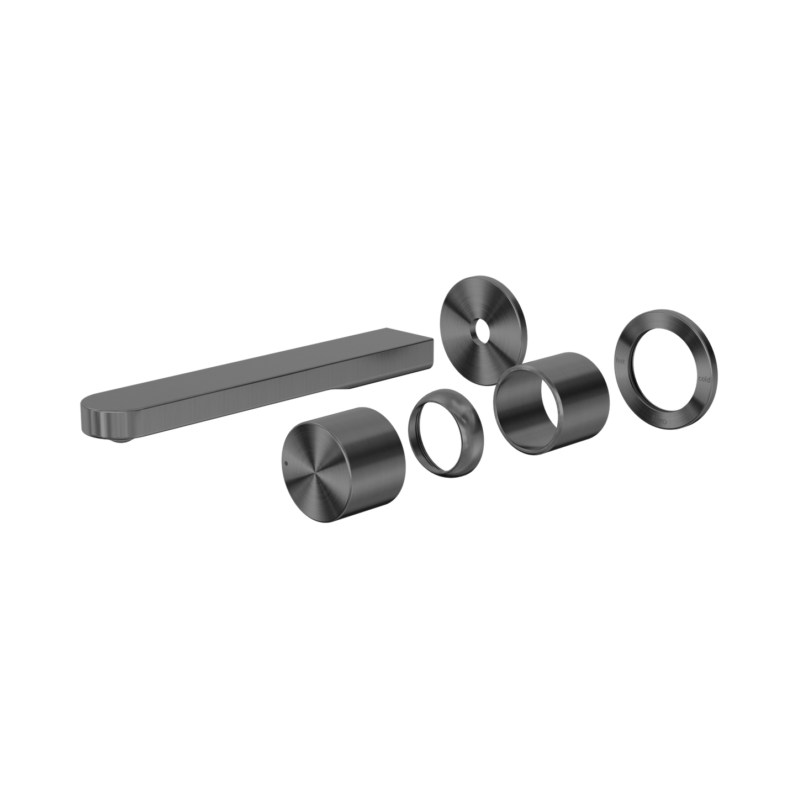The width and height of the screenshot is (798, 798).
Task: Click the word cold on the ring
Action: [x=704, y=379]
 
